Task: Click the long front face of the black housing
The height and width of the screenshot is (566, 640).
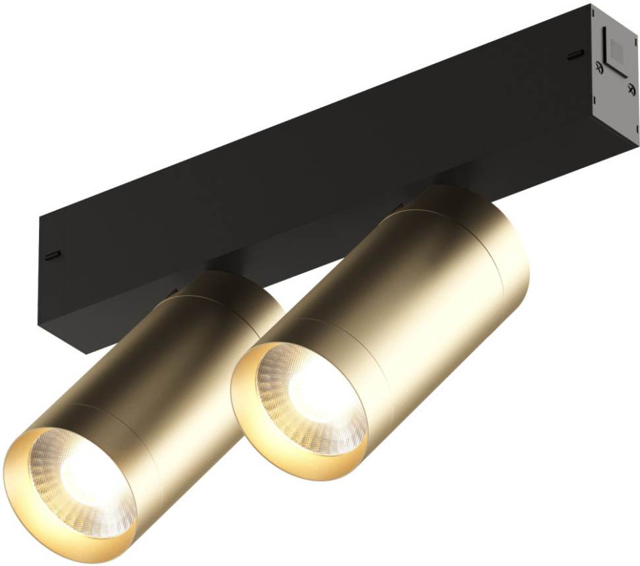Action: click(x=297, y=165)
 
